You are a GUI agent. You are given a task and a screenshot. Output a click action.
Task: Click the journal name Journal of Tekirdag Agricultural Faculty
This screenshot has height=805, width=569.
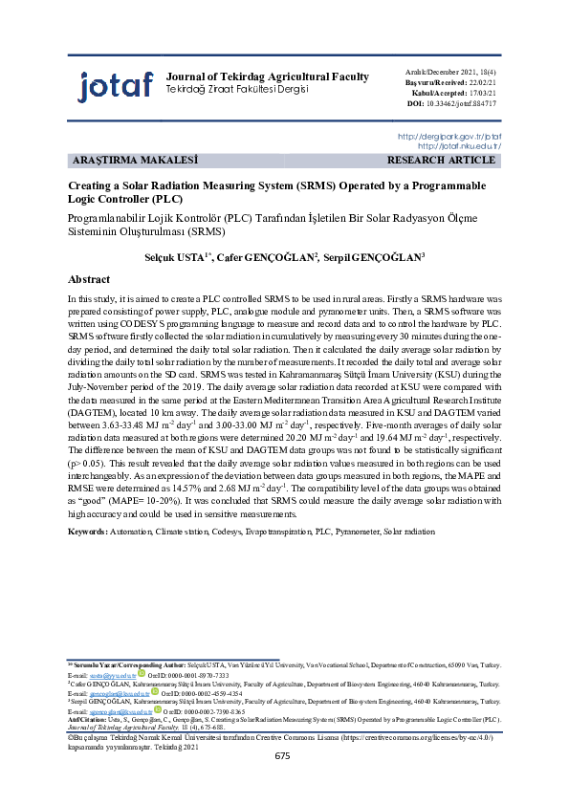click(261, 76)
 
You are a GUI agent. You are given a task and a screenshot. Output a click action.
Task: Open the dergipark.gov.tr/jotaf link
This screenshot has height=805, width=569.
click(449, 137)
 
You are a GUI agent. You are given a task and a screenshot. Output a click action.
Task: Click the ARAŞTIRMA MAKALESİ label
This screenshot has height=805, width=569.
click(134, 161)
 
